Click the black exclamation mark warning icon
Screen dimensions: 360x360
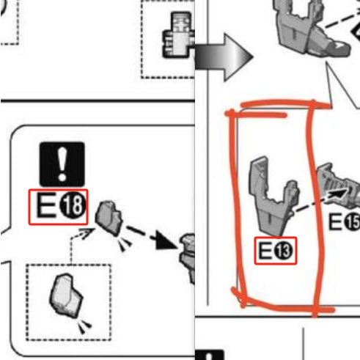pyautogui.click(x=62, y=164)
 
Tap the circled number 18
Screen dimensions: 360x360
pyautogui.click(x=73, y=205)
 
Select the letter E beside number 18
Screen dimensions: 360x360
pyautogui.click(x=45, y=205)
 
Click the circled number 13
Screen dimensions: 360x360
pyautogui.click(x=284, y=251)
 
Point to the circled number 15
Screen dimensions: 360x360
pyautogui.click(x=352, y=222)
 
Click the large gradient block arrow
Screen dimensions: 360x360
pyautogui.click(x=224, y=57)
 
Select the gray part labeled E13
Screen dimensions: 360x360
pyautogui.click(x=273, y=196)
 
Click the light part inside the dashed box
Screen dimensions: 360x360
pyautogui.click(x=66, y=295)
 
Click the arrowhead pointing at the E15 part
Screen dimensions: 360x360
pyautogui.click(x=339, y=194)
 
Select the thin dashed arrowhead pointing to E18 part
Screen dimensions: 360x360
pyautogui.click(x=87, y=233)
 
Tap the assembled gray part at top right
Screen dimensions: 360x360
pyautogui.click(x=314, y=28)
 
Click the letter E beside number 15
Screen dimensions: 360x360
pyautogui.click(x=335, y=222)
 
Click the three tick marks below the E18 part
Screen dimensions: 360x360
pyautogui.click(x=125, y=243)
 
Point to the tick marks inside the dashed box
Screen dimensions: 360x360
pyautogui.click(x=84, y=326)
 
